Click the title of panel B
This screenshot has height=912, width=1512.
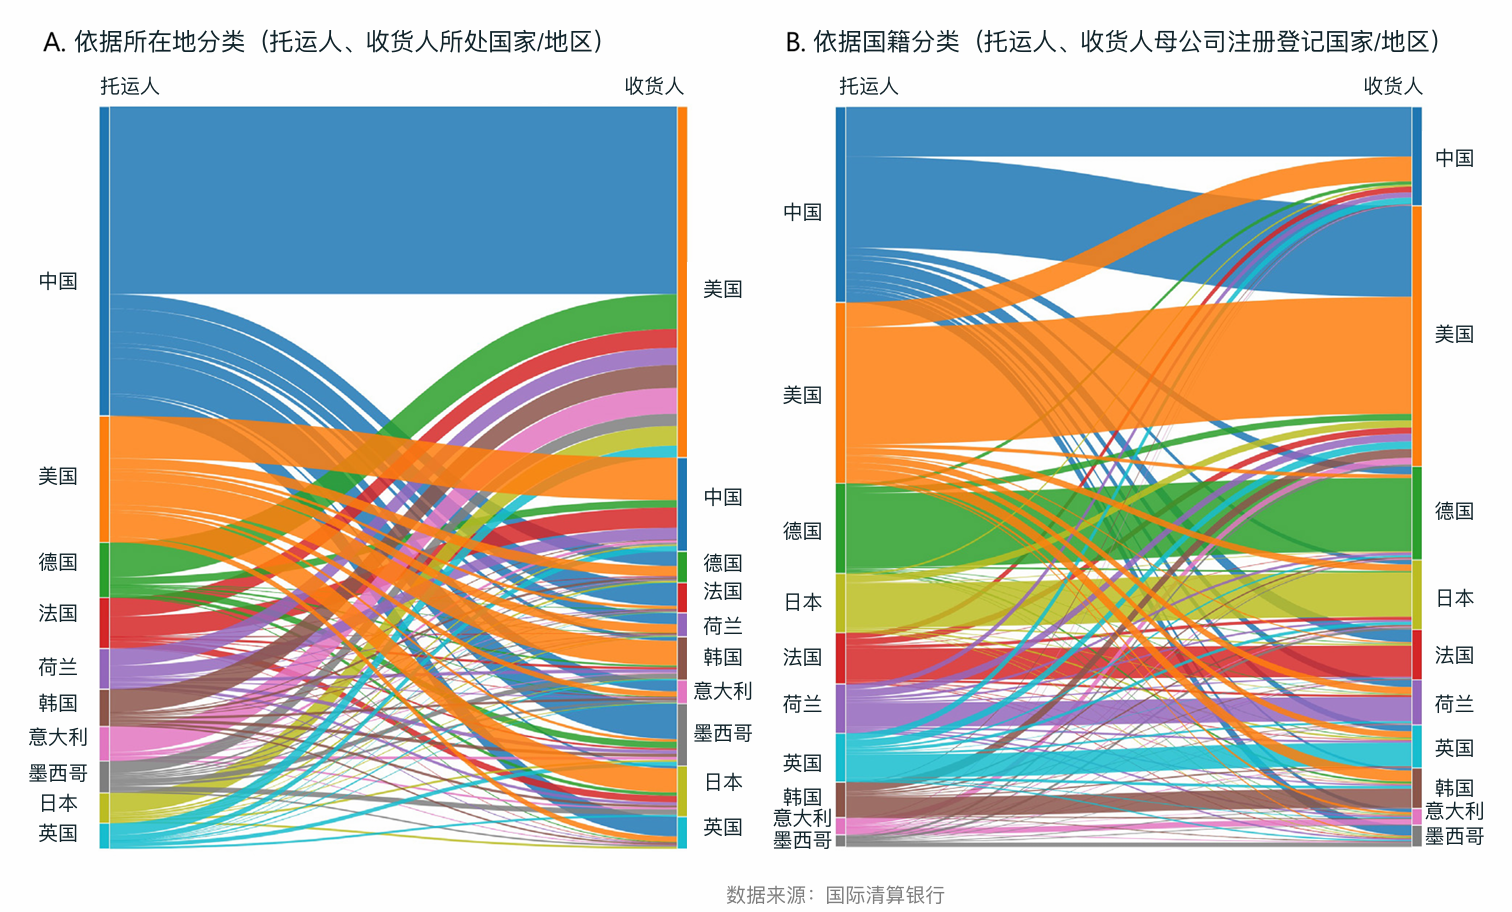[1112, 42]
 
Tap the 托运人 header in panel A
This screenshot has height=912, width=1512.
[130, 87]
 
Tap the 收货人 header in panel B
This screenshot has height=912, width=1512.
[1393, 87]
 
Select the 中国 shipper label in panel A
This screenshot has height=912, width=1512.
[58, 281]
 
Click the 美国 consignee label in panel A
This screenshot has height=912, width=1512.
[722, 290]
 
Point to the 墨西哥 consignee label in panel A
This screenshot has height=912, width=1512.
[722, 733]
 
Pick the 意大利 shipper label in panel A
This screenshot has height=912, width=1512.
[58, 737]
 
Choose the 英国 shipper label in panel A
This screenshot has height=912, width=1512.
[58, 833]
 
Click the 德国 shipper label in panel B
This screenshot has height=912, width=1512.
[802, 531]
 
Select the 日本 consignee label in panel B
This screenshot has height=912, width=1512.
[1454, 598]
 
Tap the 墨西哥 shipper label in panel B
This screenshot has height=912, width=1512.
[802, 840]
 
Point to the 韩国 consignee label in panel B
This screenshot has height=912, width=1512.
[1454, 788]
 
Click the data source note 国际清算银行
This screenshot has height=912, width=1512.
[885, 895]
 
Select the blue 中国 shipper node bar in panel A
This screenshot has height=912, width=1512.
[104, 260]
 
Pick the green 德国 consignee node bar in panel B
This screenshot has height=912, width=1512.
[1416, 513]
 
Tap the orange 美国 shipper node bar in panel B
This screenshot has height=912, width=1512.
[841, 393]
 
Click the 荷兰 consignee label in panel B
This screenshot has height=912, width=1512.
[1454, 704]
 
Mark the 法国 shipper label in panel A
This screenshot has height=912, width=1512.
[58, 613]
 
